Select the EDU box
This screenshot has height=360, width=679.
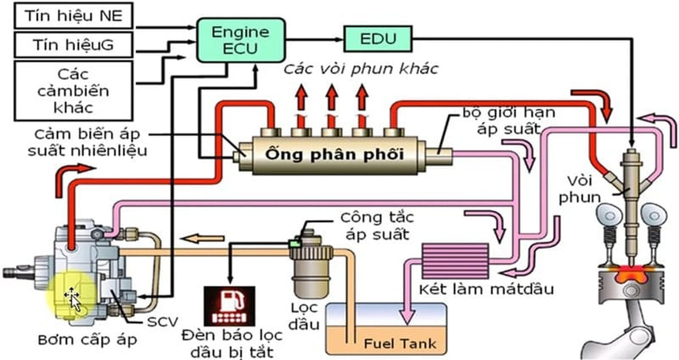click(377, 38)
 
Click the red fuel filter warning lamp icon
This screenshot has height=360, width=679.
click(229, 306)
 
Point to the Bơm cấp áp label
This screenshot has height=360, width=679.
click(87, 340)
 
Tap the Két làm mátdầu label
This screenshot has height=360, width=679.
click(485, 289)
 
